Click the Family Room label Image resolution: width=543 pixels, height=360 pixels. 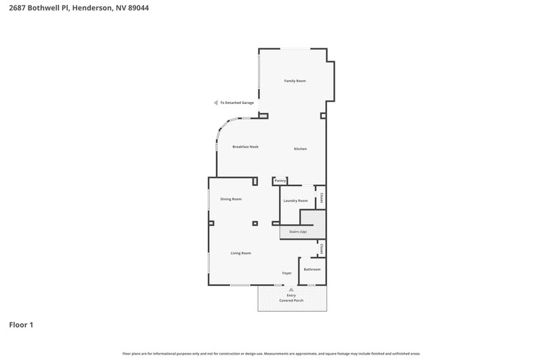pos(295,81)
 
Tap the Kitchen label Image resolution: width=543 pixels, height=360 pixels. pos(300,149)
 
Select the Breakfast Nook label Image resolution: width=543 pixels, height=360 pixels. pos(246,147)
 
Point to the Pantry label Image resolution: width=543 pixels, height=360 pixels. pos(280,181)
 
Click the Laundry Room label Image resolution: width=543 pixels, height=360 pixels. pos(295,200)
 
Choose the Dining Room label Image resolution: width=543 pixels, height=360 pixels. pos(231,199)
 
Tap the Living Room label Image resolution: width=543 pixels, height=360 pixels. pos(241,253)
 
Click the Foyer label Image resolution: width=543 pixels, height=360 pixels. pos(286,273)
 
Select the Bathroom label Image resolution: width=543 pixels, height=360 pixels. pos(312,269)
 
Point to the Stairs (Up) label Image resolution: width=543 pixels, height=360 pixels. pos(298,232)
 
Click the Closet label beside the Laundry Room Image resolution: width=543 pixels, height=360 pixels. pos(321,198)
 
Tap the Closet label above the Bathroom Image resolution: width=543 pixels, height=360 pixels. pos(321,249)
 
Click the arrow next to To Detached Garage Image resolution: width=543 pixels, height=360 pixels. pos(216,103)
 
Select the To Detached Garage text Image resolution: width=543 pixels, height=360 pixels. pos(237,103)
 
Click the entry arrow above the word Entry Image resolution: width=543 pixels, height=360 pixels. pos(291,289)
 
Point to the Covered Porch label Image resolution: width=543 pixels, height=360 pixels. pos(291,300)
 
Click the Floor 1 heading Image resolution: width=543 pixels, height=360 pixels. pos(21,325)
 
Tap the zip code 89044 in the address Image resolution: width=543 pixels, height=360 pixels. pos(138,7)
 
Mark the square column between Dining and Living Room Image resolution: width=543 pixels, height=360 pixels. pos(255,223)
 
